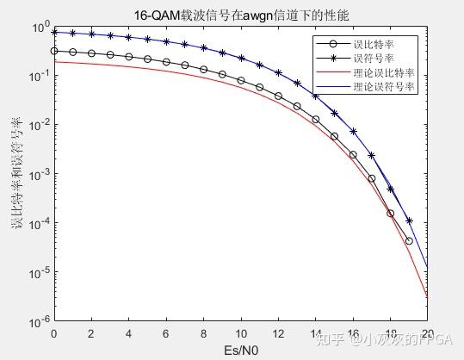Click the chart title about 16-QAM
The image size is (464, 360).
(240, 15)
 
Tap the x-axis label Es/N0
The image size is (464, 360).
(240, 351)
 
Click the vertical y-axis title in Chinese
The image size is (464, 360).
(16, 173)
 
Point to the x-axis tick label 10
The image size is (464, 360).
(240, 332)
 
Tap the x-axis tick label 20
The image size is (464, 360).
(427, 332)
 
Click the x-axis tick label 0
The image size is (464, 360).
(53, 332)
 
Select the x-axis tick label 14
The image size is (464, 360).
(315, 332)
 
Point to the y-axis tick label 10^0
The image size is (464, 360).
(39, 28)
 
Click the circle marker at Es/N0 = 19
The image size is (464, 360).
(409, 240)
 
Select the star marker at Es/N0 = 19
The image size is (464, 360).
(409, 220)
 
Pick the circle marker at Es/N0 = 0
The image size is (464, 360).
(53, 52)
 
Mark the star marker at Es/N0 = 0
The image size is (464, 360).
(53, 32)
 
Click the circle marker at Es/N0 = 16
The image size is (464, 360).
(353, 154)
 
